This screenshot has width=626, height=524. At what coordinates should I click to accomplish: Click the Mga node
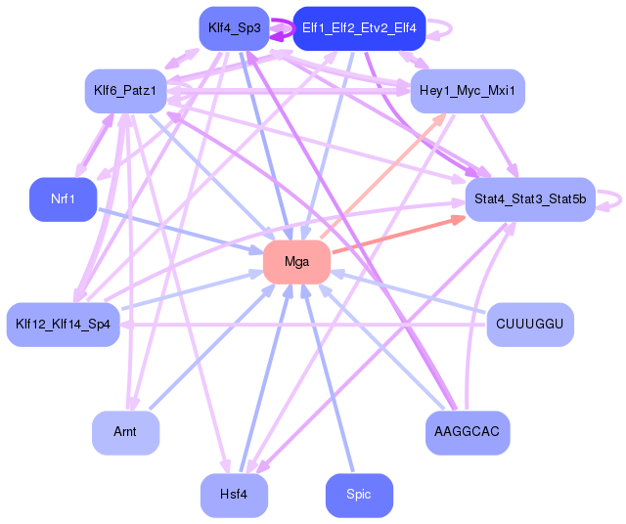point(296,262)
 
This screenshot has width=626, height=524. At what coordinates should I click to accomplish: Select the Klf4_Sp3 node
point(235,28)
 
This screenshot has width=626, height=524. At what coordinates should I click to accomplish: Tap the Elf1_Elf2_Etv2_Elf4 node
point(359,28)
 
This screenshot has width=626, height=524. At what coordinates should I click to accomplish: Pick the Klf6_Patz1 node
point(125,91)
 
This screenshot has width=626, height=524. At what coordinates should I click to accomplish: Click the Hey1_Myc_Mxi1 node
point(468,91)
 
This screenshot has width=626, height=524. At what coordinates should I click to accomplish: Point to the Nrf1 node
point(63,198)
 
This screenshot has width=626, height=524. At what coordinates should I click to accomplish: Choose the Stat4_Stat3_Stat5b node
point(530,198)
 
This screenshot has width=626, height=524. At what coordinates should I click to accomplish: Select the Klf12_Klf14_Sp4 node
point(63,324)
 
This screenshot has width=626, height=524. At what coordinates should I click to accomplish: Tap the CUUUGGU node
point(530,324)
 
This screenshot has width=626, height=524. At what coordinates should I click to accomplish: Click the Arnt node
point(125,432)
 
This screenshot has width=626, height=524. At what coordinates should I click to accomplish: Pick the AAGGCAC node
point(468,432)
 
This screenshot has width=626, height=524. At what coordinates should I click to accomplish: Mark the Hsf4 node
point(235,495)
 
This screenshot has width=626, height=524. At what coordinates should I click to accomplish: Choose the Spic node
point(359,495)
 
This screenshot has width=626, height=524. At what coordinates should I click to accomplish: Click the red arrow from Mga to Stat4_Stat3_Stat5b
point(398,235)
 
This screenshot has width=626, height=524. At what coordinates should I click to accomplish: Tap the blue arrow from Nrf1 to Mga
point(180,231)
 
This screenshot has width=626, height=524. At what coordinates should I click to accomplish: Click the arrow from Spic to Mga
point(328,377)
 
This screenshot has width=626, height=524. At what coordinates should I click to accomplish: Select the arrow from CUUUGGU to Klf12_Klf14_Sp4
point(303,325)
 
